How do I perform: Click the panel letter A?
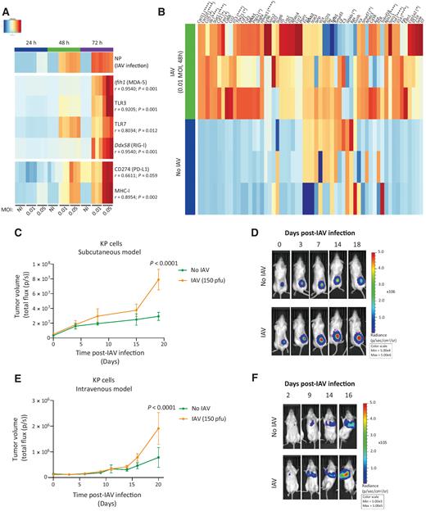[x=7, y=7]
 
